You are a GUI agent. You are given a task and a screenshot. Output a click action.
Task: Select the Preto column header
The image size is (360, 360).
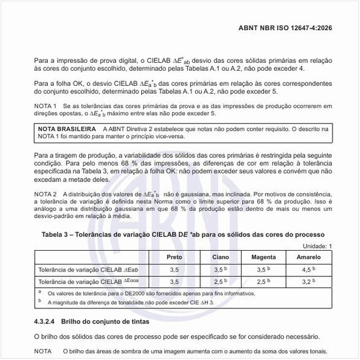pyautogui.click(x=175, y=257)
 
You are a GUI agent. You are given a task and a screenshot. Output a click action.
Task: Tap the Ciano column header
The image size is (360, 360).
pyautogui.click(x=221, y=257)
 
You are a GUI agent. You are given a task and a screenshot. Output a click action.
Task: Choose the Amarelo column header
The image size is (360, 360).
pyautogui.click(x=308, y=257)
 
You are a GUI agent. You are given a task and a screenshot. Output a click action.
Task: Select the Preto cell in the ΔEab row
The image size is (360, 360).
pyautogui.click(x=175, y=269)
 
